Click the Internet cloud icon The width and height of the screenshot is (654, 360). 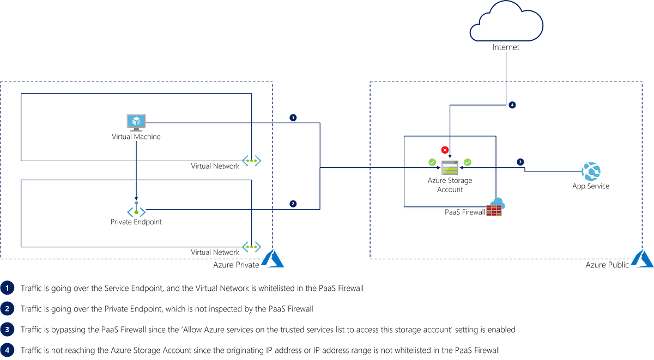[506, 22]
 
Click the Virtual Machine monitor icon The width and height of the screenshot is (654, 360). [136, 121]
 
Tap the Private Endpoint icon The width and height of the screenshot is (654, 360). [136, 211]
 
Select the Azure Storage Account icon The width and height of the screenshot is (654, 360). [450, 166]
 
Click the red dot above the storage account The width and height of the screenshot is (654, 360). [444, 148]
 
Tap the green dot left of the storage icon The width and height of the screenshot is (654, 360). [431, 161]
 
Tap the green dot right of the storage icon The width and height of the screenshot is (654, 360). [468, 161]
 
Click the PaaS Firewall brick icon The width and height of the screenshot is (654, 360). [494, 211]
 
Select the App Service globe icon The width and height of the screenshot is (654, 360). [590, 171]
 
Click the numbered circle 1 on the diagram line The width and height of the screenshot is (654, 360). [293, 118]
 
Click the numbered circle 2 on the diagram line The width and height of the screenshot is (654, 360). [293, 204]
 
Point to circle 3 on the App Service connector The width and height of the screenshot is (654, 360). [520, 162]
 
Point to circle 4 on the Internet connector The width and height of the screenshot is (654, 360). [512, 105]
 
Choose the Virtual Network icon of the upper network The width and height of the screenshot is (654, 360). [252, 161]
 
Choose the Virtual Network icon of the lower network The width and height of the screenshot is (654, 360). [252, 247]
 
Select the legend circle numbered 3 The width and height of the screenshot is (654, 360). [8, 330]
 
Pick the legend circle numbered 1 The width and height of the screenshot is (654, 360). [8, 288]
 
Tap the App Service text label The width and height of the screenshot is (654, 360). [590, 187]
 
